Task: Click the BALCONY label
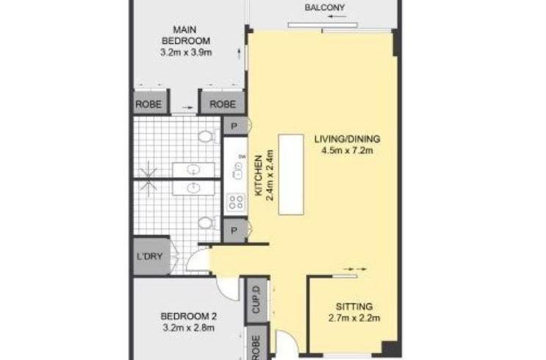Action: point(325,7)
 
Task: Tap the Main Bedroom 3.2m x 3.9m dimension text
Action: point(186,53)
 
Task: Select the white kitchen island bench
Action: point(291,175)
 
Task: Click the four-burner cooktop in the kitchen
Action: point(236,202)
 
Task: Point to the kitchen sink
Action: point(238,171)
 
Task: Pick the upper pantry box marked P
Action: point(234,126)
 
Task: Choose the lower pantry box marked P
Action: point(234,230)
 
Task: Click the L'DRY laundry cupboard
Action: point(150,256)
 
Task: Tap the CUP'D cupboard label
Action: point(256,300)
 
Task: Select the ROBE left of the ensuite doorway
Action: point(148,104)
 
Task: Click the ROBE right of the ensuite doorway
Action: point(223,104)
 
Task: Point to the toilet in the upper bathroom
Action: point(208,136)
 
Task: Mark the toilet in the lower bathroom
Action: point(208,223)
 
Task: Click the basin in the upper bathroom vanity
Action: point(193,170)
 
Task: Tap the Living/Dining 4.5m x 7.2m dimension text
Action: point(347,151)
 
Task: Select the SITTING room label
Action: point(354,306)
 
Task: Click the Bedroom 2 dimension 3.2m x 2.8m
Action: point(188,328)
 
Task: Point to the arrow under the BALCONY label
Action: point(337,17)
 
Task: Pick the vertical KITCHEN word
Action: point(259,176)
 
